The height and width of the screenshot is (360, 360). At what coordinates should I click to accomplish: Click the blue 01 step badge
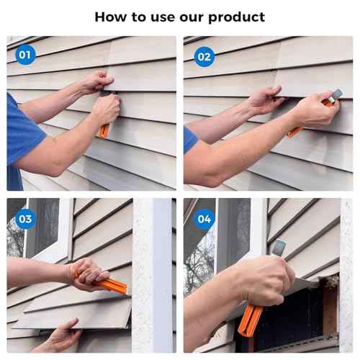(24, 55)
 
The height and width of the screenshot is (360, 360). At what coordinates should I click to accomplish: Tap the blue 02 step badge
(204, 55)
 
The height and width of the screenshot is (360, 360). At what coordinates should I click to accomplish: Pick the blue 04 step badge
(204, 218)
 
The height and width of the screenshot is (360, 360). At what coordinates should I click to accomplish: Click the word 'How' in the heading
(110, 16)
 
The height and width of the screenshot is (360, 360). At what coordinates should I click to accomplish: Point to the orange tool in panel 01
(104, 130)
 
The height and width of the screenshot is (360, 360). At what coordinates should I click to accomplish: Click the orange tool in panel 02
(296, 130)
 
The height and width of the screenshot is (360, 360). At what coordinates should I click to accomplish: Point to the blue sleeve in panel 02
(190, 138)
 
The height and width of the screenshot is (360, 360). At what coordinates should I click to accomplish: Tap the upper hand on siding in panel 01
(96, 81)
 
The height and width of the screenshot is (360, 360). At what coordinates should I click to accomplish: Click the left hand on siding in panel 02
(264, 99)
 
